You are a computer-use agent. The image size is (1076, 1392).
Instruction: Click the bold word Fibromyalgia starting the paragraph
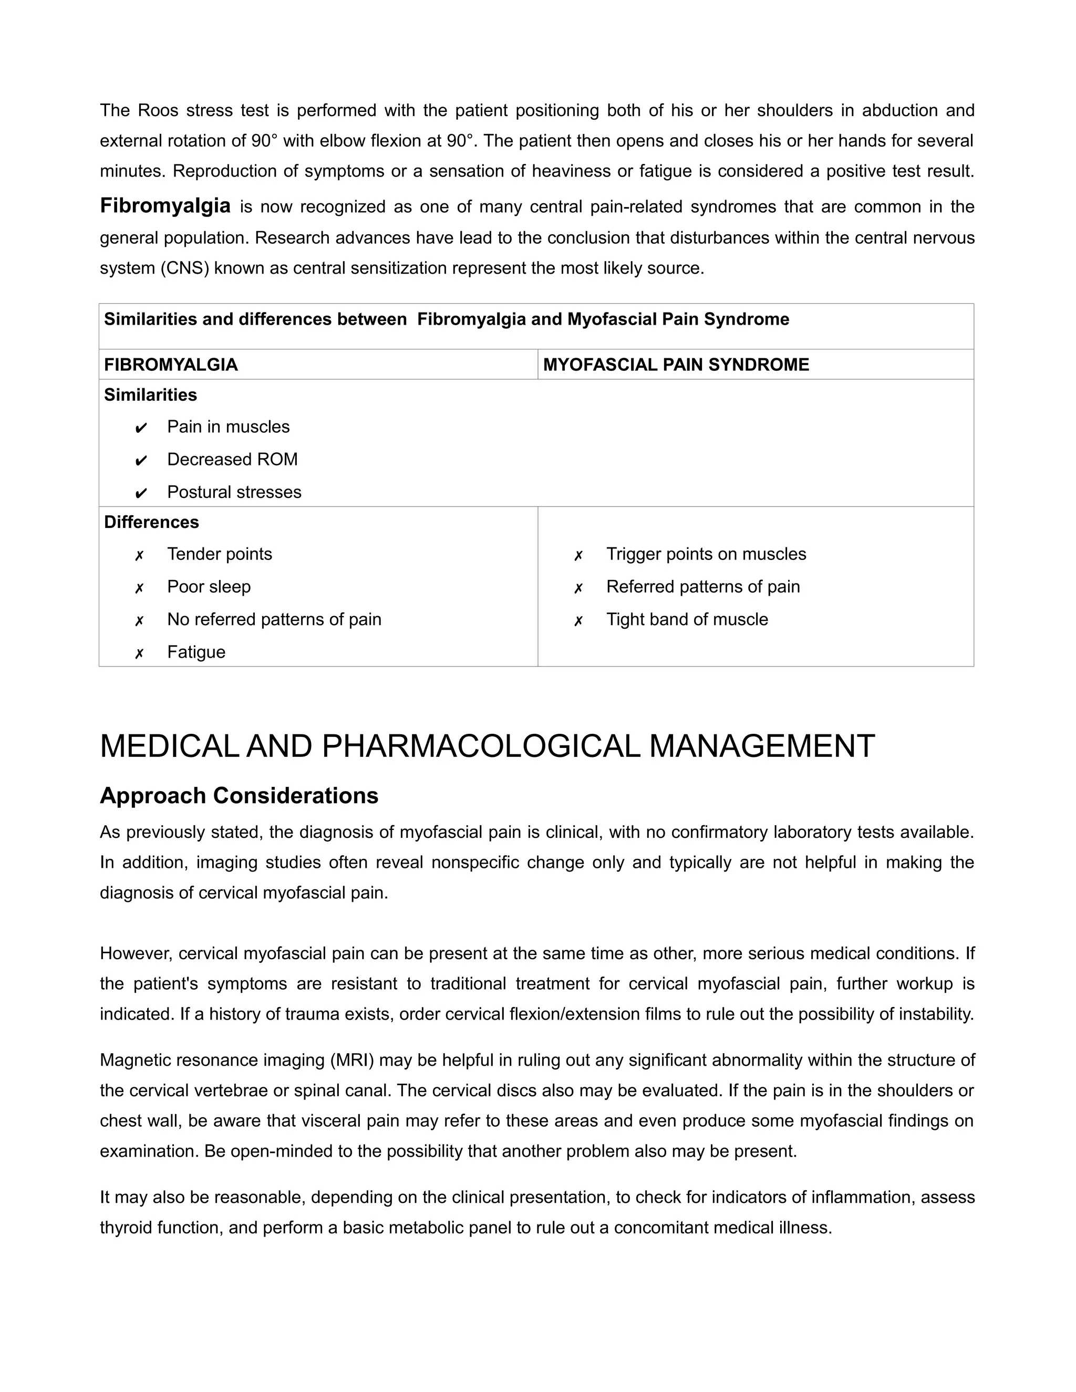[165, 206]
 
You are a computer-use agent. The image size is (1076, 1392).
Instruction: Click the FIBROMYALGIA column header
[171, 365]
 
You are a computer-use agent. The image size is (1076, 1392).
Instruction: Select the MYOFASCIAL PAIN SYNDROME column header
[676, 365]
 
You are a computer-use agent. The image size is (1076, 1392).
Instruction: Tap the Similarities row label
[150, 395]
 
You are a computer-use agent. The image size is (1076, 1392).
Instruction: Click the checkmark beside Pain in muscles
[141, 428]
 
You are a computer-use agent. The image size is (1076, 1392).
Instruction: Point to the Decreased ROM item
[232, 460]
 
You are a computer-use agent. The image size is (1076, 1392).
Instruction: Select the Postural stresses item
[234, 492]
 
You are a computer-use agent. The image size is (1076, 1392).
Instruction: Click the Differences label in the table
[151, 523]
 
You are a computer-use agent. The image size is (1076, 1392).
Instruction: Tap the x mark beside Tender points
[139, 556]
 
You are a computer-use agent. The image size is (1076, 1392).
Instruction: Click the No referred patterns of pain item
[274, 619]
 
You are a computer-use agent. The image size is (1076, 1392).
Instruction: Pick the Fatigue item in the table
[195, 652]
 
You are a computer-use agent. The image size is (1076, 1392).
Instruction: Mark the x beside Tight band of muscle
[578, 621]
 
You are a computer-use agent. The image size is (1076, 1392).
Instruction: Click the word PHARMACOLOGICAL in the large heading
[481, 746]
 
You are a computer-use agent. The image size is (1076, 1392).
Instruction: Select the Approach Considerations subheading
[239, 795]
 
